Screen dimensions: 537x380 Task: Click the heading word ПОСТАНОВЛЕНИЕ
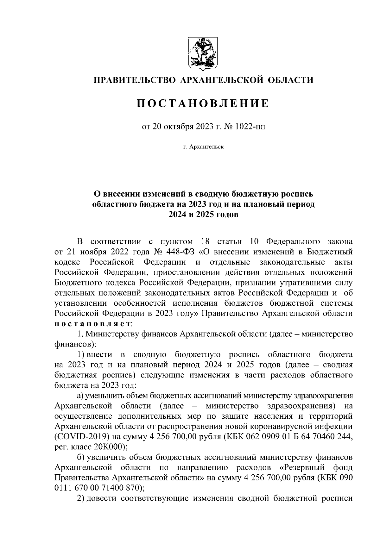click(x=203, y=103)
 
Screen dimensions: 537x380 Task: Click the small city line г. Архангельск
click(x=203, y=147)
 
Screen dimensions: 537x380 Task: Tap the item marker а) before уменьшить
click(x=80, y=396)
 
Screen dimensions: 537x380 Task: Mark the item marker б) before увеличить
click(x=81, y=457)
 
